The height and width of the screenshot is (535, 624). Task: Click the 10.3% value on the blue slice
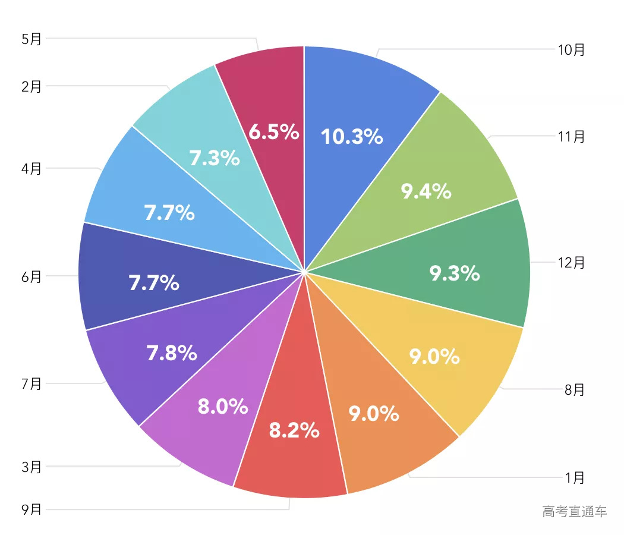coord(352,137)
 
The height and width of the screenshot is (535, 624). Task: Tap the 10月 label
coord(572,50)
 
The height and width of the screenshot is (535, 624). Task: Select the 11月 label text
coord(572,137)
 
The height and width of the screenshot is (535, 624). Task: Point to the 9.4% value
coord(426,191)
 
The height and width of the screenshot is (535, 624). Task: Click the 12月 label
coord(572,262)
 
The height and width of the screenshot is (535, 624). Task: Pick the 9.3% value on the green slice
coord(455,273)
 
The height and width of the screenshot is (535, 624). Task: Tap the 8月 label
coord(575,390)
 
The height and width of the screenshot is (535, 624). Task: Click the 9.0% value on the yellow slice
coord(434,357)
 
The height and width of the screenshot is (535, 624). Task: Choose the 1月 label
coord(575,477)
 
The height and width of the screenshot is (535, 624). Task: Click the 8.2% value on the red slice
coord(294,430)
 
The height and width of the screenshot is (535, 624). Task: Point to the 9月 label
coord(31,509)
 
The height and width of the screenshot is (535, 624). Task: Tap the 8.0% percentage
coord(223,407)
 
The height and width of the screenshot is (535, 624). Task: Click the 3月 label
coord(31,467)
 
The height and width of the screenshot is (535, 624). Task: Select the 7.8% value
coord(172,354)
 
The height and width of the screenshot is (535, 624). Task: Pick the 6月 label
coord(31,276)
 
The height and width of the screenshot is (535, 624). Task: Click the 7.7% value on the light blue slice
coord(169,213)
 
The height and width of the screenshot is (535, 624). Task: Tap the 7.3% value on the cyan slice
coord(215,159)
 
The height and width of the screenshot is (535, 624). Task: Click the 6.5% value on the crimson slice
coord(273,133)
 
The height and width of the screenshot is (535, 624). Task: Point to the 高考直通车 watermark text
coord(575,511)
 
